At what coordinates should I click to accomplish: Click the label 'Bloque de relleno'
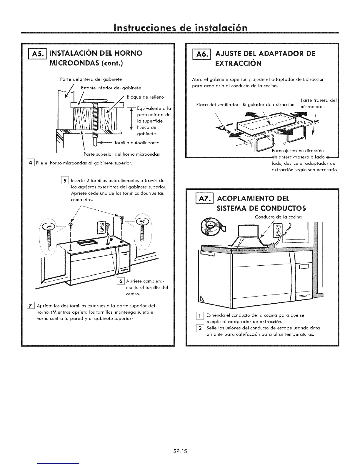click(x=145, y=97)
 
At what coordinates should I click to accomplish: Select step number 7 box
click(x=31, y=306)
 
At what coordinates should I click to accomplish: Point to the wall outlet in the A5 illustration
click(x=101, y=226)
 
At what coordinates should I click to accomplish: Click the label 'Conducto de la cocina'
click(x=278, y=217)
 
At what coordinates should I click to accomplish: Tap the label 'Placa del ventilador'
click(x=217, y=105)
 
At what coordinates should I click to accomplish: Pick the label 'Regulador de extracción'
click(x=269, y=105)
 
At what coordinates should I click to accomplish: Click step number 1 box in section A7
click(x=200, y=315)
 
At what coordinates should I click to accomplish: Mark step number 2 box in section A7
click(x=200, y=328)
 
